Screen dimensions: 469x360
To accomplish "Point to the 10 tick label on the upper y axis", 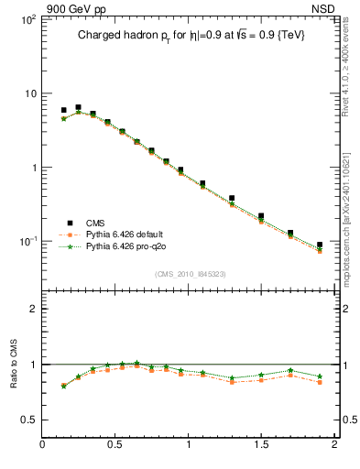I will (x=29, y=93).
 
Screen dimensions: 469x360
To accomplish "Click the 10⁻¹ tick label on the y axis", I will (x=27, y=242).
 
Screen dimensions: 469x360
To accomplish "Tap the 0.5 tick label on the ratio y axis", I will (x=28, y=420).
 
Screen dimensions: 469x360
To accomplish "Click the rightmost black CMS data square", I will (x=320, y=245).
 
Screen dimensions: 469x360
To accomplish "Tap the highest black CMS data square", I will (x=78, y=107).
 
